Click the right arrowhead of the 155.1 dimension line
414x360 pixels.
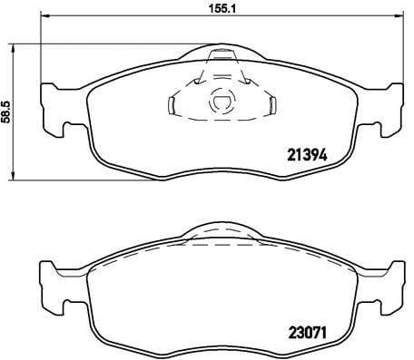(398, 25)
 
